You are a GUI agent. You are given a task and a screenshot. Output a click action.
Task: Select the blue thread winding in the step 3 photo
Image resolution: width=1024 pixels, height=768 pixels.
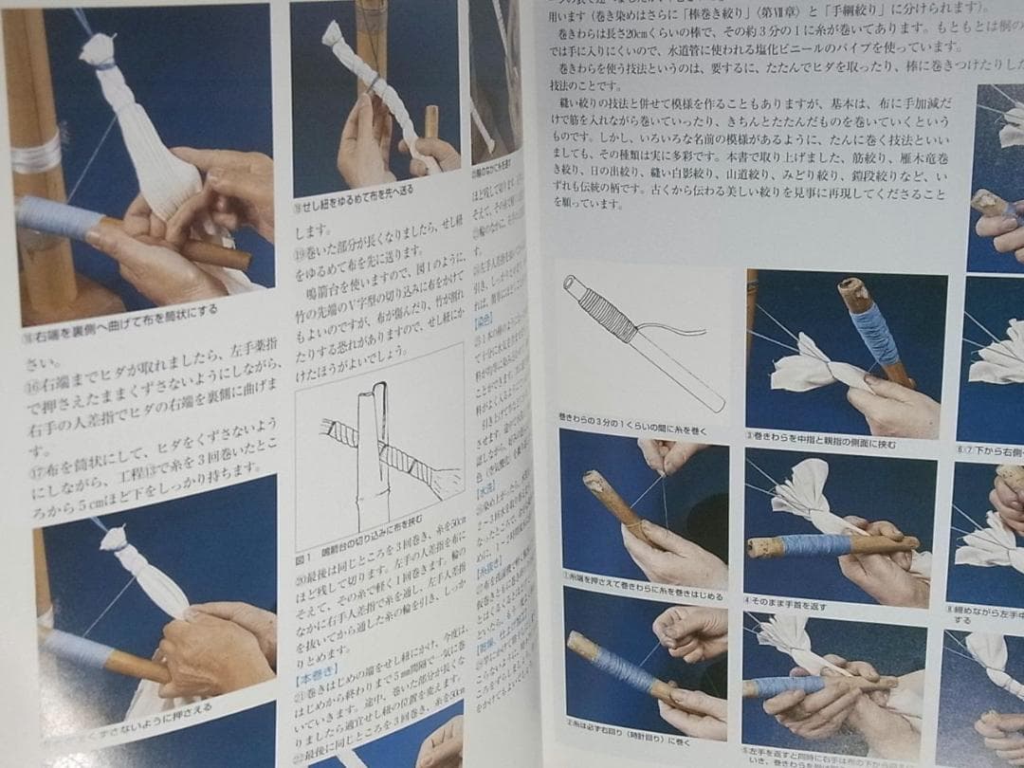point(874,335)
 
